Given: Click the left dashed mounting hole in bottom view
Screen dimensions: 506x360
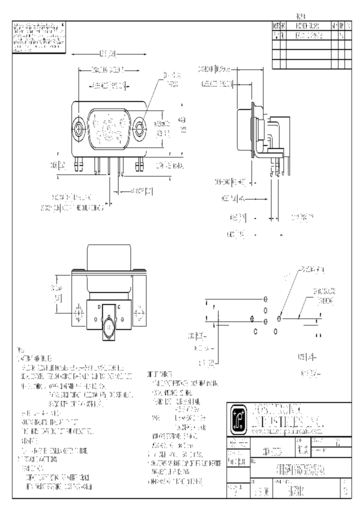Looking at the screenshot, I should (78, 313).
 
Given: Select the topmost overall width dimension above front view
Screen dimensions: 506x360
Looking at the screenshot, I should (108, 53).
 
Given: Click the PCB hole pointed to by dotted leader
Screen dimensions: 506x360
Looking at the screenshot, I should (279, 318).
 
